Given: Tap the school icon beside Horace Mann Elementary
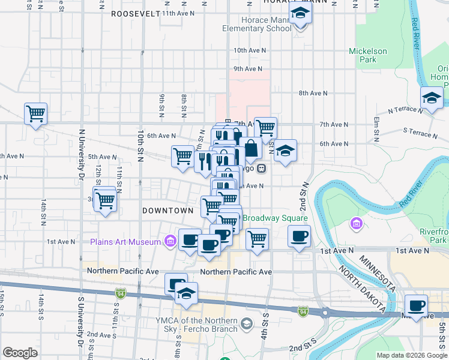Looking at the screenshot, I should tap(300, 13).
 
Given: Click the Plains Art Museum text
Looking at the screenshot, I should tap(125, 242).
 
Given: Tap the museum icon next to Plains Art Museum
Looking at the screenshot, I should tap(170, 242).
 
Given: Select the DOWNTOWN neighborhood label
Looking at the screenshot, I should tap(167, 211).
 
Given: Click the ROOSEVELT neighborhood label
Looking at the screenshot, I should tap(136, 13).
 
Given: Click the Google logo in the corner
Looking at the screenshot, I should tap(20, 353).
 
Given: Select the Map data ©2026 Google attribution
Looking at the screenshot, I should tap(412, 355).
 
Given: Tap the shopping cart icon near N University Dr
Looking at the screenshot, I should tap(35, 113).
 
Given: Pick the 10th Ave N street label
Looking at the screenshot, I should tap(249, 50).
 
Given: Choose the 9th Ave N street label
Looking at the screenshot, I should tap(248, 68).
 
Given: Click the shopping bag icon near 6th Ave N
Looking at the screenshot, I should tap(253, 148).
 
